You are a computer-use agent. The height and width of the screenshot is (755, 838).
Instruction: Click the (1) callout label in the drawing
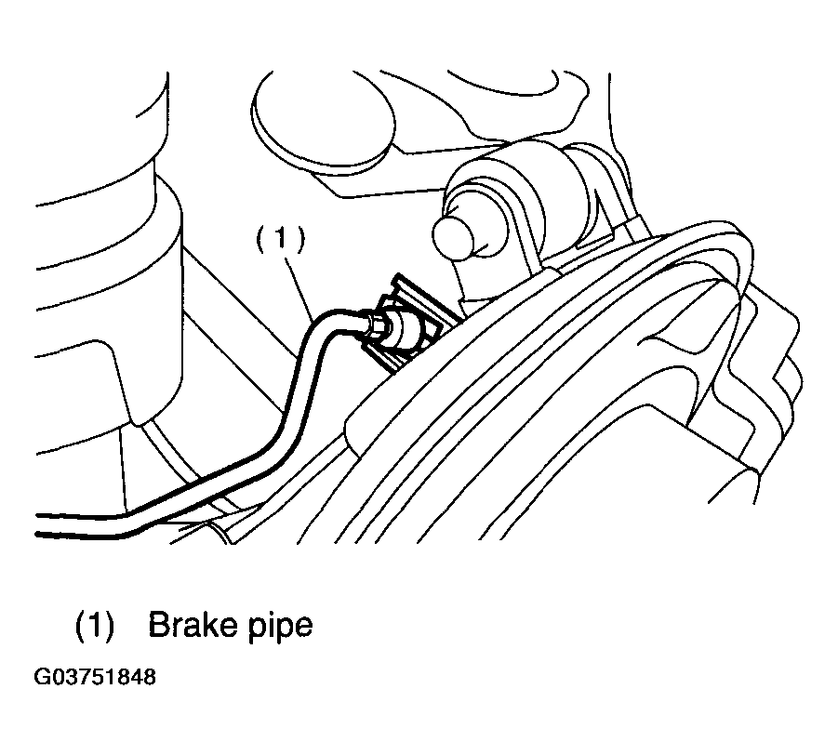281,239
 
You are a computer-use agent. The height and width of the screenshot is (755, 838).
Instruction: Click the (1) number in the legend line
95,625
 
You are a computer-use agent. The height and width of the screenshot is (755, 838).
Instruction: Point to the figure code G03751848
95,677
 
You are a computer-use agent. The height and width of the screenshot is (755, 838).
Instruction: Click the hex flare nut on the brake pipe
374,326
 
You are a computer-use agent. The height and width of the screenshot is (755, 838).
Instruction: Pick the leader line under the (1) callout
299,288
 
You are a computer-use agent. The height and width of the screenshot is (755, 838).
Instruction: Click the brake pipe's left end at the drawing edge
37,524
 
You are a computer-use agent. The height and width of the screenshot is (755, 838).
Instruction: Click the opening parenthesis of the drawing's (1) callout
261,239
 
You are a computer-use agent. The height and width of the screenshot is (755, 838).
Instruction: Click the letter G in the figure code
42,677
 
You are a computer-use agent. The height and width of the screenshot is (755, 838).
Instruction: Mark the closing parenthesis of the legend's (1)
110,625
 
